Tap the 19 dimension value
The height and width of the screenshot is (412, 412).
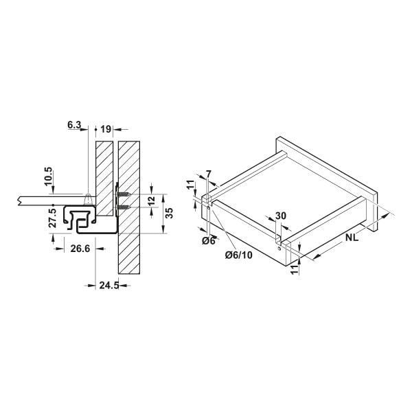[x=106, y=128]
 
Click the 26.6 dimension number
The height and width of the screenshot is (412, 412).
[x=80, y=248]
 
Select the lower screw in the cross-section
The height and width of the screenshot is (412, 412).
[x=125, y=206]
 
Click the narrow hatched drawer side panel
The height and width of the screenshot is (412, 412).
[x=104, y=179]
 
